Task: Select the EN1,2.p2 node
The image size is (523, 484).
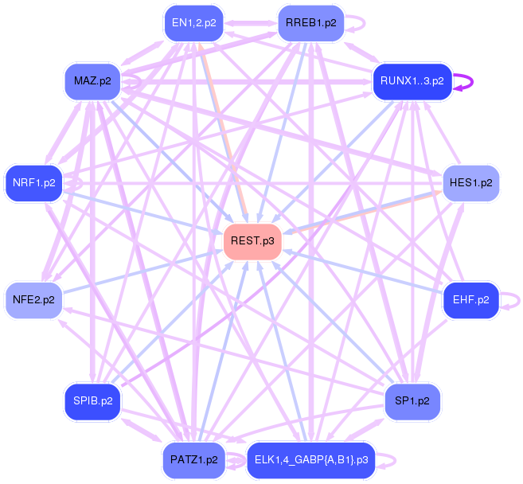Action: point(193,23)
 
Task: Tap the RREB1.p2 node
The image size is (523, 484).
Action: point(310,23)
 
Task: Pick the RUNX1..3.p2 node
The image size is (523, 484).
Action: point(412,81)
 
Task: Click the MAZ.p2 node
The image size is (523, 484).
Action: point(92,81)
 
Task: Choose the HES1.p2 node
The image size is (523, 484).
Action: point(470,183)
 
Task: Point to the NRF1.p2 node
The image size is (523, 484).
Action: point(33,183)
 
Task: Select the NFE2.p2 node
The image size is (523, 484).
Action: point(33,300)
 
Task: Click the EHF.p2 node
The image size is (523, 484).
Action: point(470,300)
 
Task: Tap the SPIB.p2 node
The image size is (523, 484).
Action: point(92,401)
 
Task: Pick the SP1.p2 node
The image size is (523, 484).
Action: point(412,401)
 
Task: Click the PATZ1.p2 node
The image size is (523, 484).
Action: point(193,460)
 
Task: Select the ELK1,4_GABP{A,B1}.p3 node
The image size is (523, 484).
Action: point(310,460)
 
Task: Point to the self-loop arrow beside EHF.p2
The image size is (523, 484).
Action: point(518,300)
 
